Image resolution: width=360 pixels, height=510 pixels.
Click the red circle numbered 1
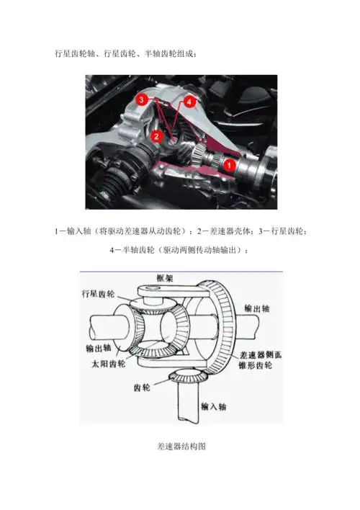(230, 165)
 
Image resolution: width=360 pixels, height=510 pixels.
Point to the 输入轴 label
(221, 406)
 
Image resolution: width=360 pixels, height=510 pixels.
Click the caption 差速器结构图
(181, 447)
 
